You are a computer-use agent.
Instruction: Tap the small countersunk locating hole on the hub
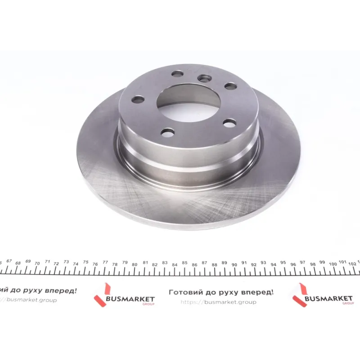click(204, 78)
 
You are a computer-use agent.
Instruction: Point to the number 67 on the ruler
click(9, 261)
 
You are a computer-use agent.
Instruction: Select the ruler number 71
click(48, 261)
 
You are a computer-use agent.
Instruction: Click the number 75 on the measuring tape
click(85, 262)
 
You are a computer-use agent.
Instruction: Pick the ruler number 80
click(135, 265)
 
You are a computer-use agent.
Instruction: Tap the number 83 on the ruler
click(165, 262)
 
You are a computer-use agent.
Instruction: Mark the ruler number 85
click(184, 263)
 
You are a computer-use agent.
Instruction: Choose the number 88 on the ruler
click(215, 265)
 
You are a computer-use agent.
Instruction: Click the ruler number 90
click(234, 265)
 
